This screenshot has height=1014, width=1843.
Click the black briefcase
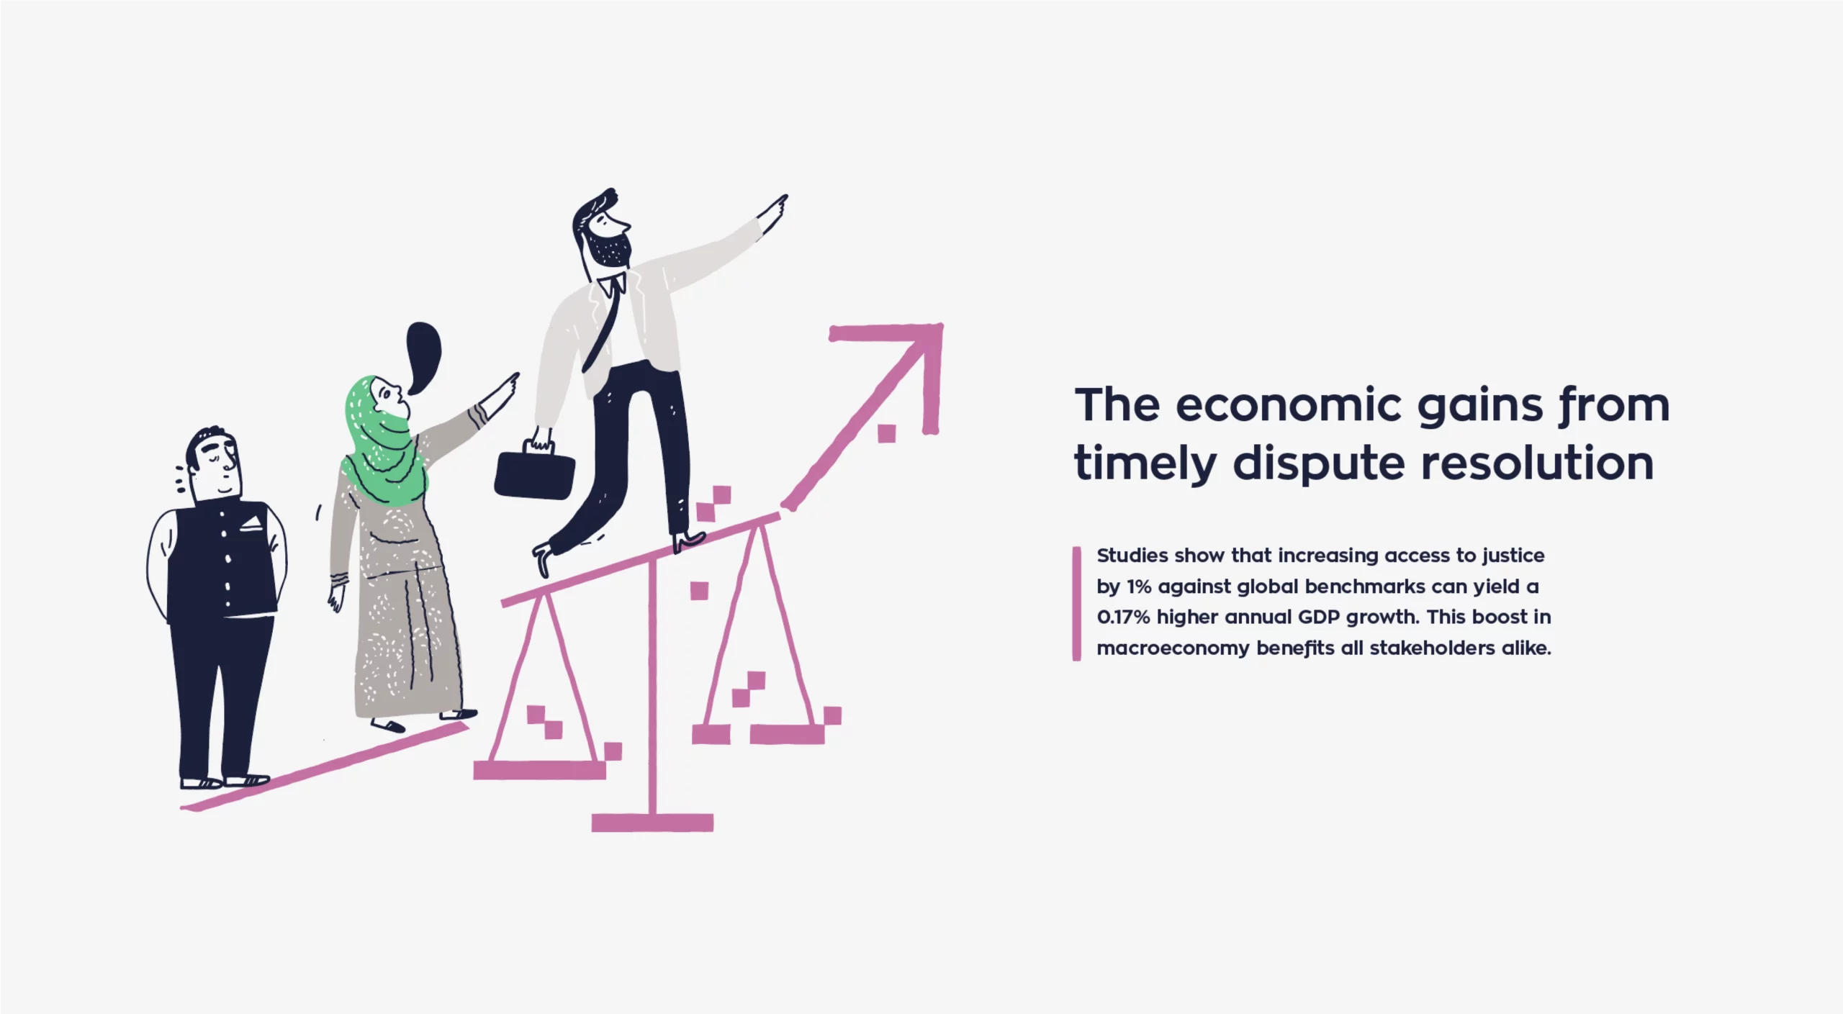(x=534, y=472)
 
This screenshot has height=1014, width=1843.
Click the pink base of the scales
(x=652, y=823)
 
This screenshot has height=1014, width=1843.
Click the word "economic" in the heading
(x=1289, y=405)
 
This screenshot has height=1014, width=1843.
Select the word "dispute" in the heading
(x=1319, y=464)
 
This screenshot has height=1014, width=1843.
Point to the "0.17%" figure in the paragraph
(x=1123, y=617)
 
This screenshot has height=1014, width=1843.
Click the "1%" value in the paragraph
(x=1139, y=587)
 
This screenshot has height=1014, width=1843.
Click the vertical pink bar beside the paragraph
(x=1076, y=603)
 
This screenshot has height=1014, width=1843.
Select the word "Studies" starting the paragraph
(x=1132, y=556)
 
